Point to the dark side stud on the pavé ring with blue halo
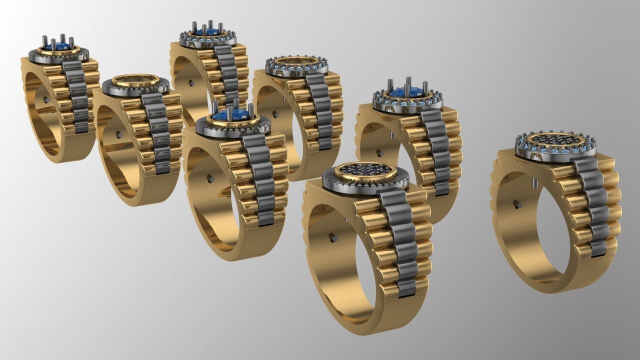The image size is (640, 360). click(516, 203)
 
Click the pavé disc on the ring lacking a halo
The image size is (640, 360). click(365, 172)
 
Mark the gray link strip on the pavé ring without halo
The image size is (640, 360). click(400, 240)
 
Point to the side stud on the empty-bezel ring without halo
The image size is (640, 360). click(118, 134)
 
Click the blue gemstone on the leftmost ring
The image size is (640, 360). click(55, 47)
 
